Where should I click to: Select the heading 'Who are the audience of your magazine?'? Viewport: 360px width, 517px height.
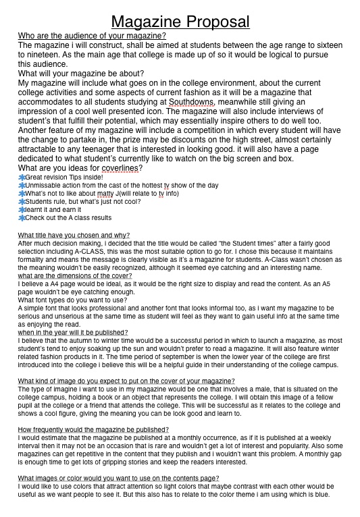[x=92, y=36]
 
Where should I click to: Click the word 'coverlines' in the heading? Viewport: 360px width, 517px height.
[x=122, y=168]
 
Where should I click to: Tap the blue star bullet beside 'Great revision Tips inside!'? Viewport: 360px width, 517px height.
[x=22, y=177]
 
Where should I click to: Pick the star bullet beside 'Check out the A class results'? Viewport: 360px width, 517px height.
[x=22, y=218]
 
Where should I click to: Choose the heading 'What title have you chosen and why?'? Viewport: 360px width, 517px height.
[x=74, y=235]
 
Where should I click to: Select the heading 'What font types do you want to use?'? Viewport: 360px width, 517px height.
[x=72, y=300]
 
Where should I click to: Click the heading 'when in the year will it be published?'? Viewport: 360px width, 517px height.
[x=73, y=332]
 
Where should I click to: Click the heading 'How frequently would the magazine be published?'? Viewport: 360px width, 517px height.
[x=93, y=429]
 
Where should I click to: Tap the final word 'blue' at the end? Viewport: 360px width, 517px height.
[x=322, y=494]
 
